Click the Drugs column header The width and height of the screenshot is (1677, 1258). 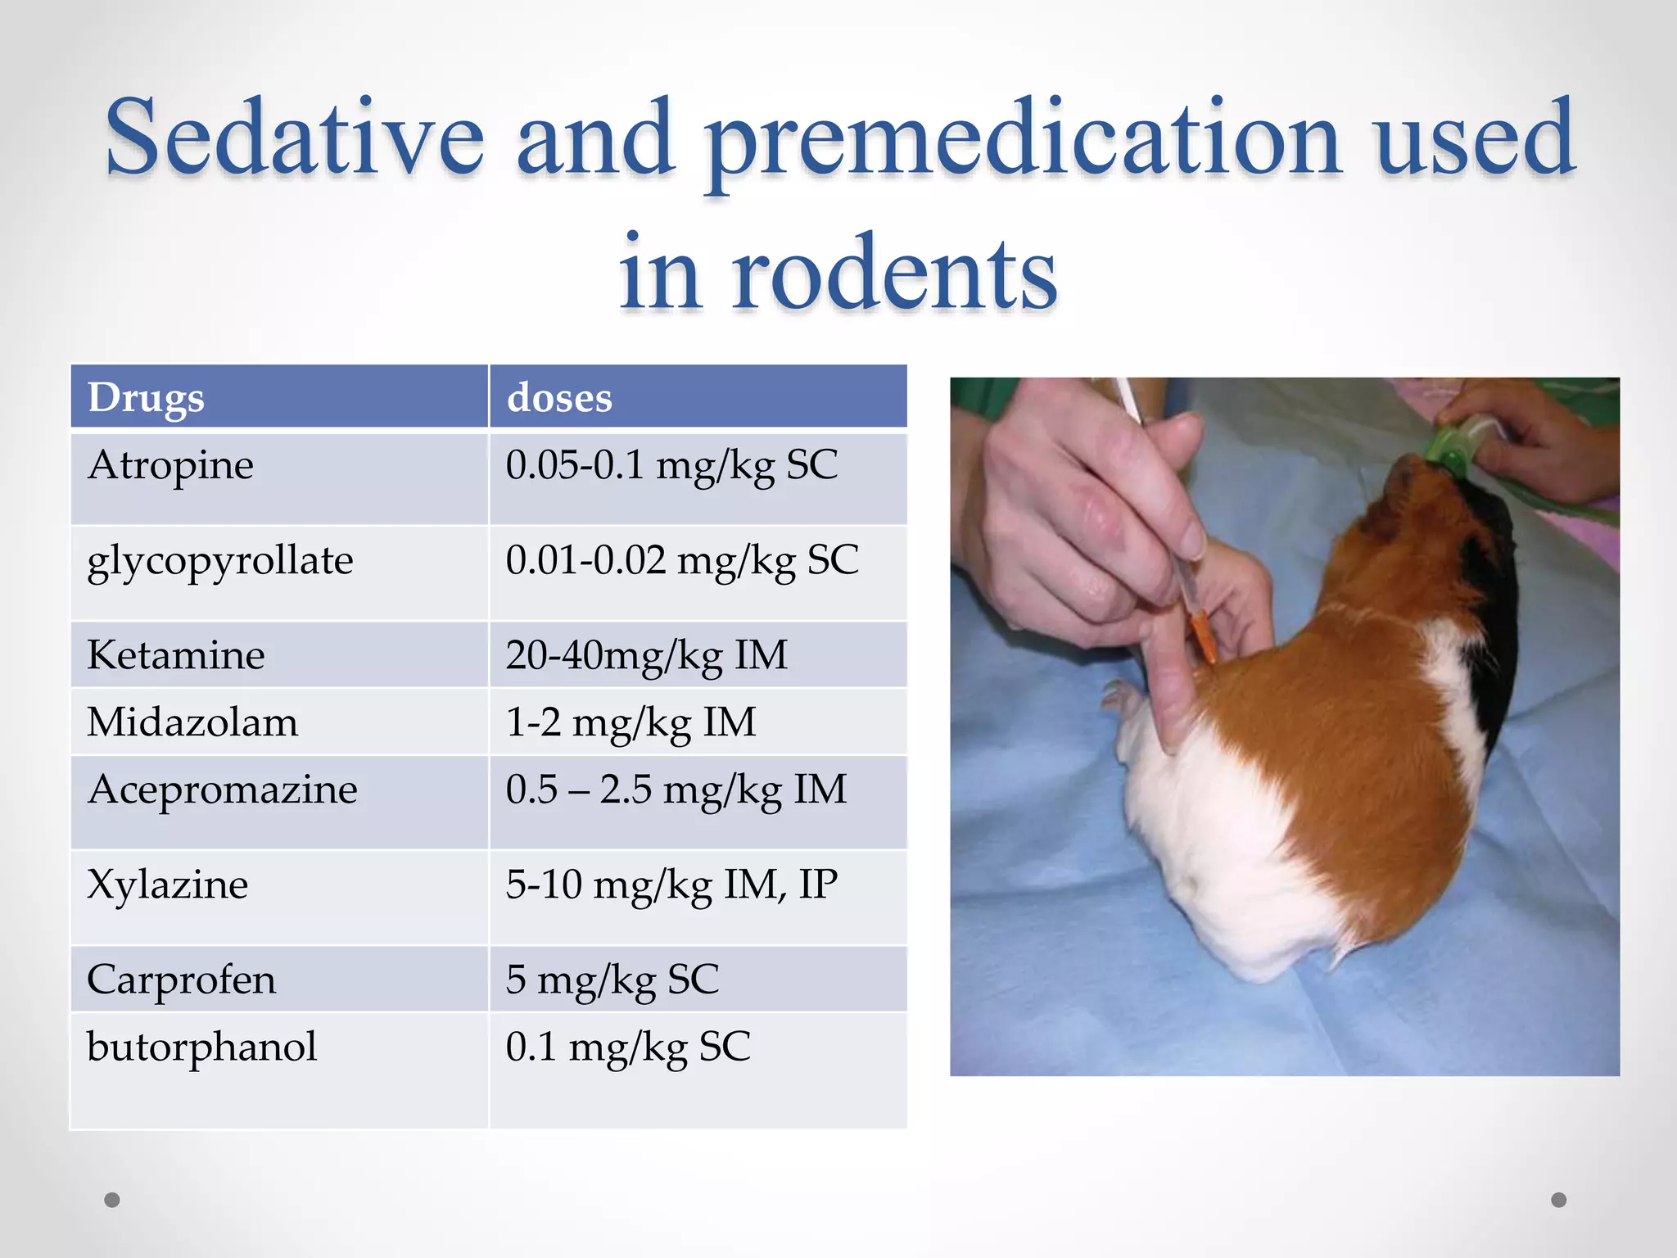tap(146, 398)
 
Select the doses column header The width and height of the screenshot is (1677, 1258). tap(559, 398)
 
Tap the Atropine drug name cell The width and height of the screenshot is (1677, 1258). tap(170, 465)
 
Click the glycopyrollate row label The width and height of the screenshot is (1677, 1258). tap(219, 562)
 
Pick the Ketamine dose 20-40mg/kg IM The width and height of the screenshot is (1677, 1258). tap(646, 655)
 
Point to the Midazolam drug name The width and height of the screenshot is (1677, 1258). tap(192, 722)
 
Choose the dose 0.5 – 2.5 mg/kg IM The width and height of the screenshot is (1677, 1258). tap(676, 790)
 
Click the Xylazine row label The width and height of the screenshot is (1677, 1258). tap(167, 885)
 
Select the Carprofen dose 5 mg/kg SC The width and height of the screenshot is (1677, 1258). tap(612, 980)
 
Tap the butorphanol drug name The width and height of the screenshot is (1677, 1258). tap(201, 1047)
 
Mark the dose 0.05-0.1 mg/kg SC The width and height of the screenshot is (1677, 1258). tap(671, 465)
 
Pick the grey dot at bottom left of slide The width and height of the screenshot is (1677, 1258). tap(112, 1200)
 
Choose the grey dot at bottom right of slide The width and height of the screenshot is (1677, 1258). tap(1559, 1200)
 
